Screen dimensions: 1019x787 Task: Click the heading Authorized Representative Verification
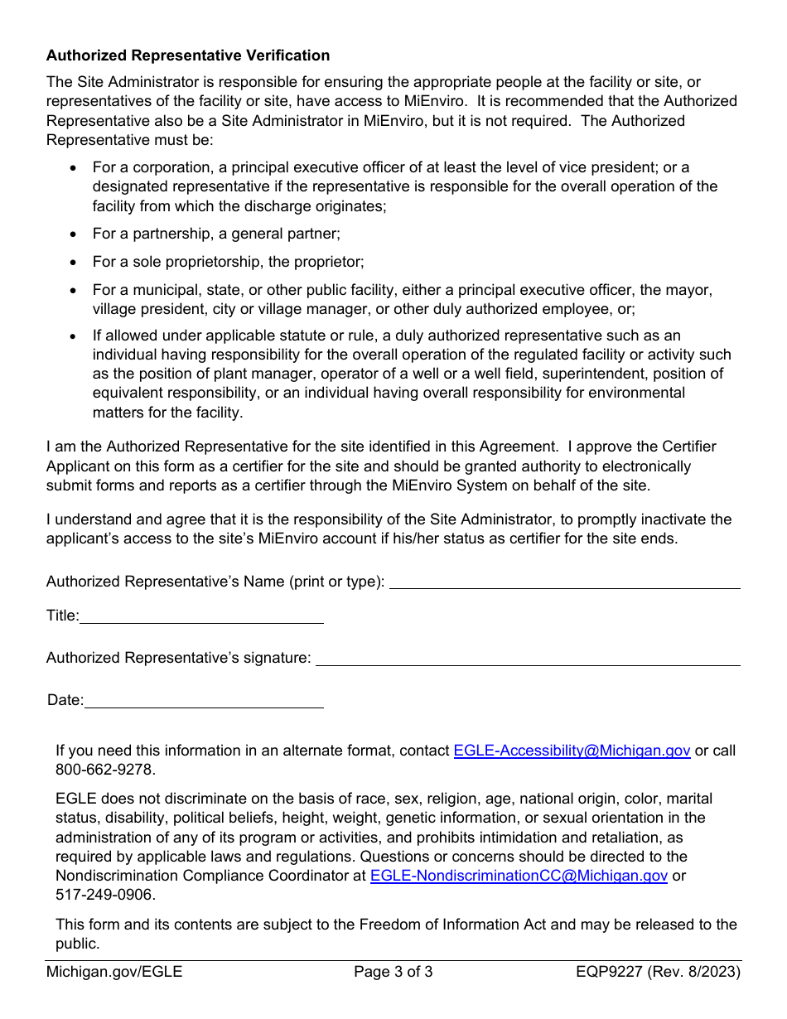tap(188, 56)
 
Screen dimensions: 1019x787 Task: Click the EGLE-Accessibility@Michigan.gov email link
tap(572, 751)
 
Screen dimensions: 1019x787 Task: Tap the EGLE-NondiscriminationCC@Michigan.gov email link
tap(519, 876)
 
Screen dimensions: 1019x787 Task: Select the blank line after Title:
tap(201, 616)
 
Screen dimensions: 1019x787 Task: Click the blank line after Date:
tap(204, 701)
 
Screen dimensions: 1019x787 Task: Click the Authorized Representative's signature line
tap(528, 659)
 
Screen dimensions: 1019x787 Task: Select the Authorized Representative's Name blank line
tap(564, 582)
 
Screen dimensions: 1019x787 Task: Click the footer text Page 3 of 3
tap(393, 972)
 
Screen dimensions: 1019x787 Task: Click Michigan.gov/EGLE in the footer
tap(114, 972)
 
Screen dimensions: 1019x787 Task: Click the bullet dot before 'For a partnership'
tap(74, 234)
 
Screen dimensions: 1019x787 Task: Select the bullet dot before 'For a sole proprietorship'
tap(74, 263)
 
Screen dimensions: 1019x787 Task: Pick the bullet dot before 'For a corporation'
tap(74, 167)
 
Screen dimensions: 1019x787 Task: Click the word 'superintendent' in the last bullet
tap(565, 374)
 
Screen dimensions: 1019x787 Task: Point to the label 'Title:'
tap(63, 616)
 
